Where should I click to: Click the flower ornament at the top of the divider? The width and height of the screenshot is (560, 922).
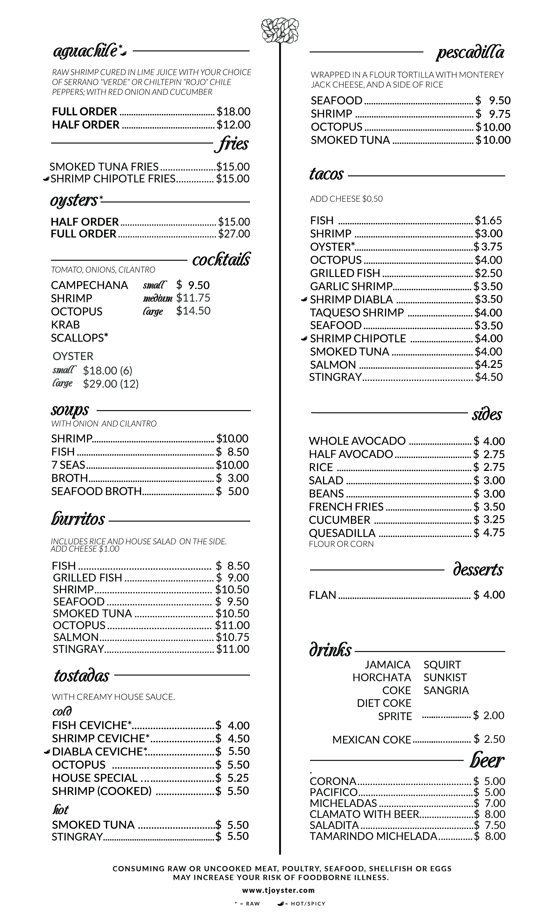click(280, 30)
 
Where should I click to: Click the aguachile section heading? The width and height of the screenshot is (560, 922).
click(85, 52)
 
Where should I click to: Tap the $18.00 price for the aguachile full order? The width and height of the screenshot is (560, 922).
click(233, 112)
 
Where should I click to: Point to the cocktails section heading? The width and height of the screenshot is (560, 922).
click(221, 259)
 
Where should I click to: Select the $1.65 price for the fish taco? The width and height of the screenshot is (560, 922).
click(488, 220)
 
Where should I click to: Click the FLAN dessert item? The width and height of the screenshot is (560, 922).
click(322, 595)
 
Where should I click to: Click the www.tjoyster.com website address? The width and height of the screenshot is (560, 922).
click(278, 890)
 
